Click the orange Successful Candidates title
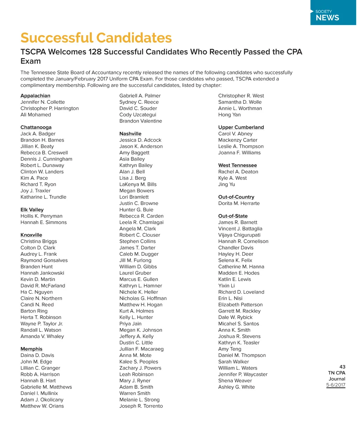click(96, 38)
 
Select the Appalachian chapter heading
click(35, 96)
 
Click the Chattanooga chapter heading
click(36, 127)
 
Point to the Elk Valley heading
click(32, 210)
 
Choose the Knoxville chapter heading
click(31, 235)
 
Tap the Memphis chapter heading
click(31, 349)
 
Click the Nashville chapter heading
click(130, 134)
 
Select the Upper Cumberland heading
click(241, 127)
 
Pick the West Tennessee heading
click(238, 165)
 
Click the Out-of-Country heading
click(236, 197)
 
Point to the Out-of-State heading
click(233, 216)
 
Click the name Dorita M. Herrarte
click(239, 203)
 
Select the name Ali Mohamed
click(36, 115)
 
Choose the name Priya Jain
click(130, 324)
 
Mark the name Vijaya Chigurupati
click(239, 235)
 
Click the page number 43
click(342, 367)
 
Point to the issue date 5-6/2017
click(336, 385)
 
